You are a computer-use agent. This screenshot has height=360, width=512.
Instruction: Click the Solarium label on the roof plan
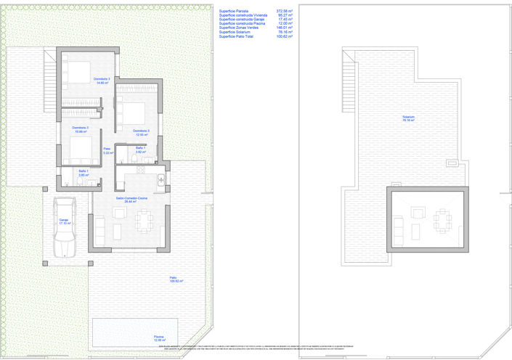coord(409,118)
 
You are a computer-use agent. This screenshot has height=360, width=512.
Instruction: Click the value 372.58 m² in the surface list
coord(284,11)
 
